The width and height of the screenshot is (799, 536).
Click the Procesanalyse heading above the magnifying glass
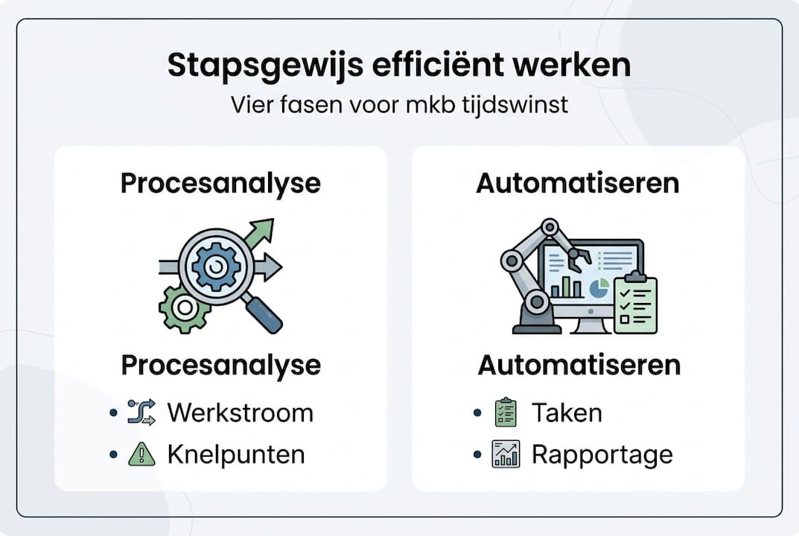coord(220,183)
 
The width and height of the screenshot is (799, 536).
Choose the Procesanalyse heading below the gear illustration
coord(220,366)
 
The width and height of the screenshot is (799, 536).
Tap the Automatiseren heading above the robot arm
coord(578,183)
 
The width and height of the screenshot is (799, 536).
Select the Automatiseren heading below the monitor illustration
coord(579,366)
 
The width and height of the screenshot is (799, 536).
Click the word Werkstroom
coord(240,412)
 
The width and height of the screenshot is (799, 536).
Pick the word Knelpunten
coord(236,454)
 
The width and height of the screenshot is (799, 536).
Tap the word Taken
coord(567,412)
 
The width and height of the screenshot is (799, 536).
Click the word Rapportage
coord(602,454)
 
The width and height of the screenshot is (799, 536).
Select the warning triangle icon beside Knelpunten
coord(141,454)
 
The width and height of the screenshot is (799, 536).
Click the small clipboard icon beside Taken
coord(506,412)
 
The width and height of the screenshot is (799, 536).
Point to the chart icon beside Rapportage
coord(506,454)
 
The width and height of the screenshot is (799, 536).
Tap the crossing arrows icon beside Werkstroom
coord(141,412)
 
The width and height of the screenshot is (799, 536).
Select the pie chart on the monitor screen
coord(598,287)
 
